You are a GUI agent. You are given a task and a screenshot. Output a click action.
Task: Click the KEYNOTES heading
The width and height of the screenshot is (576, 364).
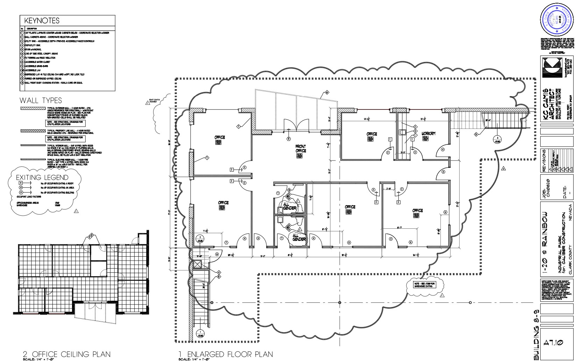pos(40,21)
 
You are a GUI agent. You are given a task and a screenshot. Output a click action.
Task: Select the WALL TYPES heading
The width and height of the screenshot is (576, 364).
pos(41,101)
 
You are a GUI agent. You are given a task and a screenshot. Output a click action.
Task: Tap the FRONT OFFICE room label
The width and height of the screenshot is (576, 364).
pos(301,149)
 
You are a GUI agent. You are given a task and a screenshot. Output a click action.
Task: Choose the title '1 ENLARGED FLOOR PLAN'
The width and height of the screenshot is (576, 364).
pos(226,354)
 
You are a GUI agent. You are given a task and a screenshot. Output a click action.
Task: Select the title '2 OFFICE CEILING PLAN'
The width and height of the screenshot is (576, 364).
pos(66,354)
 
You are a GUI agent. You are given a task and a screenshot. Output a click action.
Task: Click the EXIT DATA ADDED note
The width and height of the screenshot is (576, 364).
pos(154,101)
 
